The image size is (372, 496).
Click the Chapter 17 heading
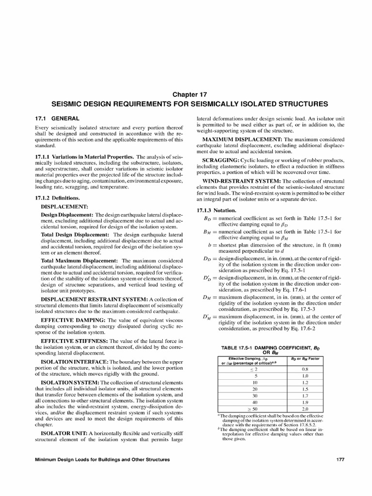[x=186, y=94]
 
